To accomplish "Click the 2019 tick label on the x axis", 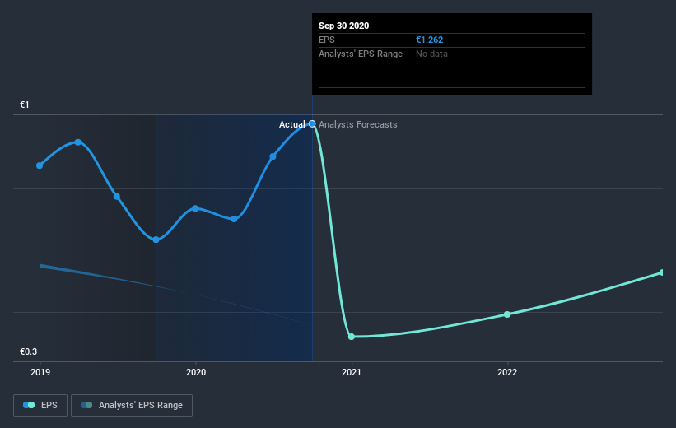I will [40, 372].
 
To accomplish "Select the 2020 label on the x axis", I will [196, 372].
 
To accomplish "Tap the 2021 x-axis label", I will [352, 372].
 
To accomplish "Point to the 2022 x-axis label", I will [507, 372].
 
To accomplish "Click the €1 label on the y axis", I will [26, 105].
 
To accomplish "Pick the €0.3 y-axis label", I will [30, 351].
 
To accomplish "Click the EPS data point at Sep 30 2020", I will [312, 123].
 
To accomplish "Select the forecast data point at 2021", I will [352, 337].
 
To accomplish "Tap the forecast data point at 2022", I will [507, 314].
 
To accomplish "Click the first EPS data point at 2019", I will [40, 165].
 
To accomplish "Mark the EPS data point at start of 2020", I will [195, 208].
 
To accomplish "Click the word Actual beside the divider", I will [291, 124].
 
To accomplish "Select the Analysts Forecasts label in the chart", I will [357, 124].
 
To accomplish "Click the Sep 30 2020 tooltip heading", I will [344, 26].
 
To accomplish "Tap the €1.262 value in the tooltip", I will [430, 40].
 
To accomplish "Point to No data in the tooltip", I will [431, 53].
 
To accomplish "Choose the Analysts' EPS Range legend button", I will [132, 405].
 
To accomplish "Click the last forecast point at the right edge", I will [662, 272].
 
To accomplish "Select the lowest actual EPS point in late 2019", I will [156, 240].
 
